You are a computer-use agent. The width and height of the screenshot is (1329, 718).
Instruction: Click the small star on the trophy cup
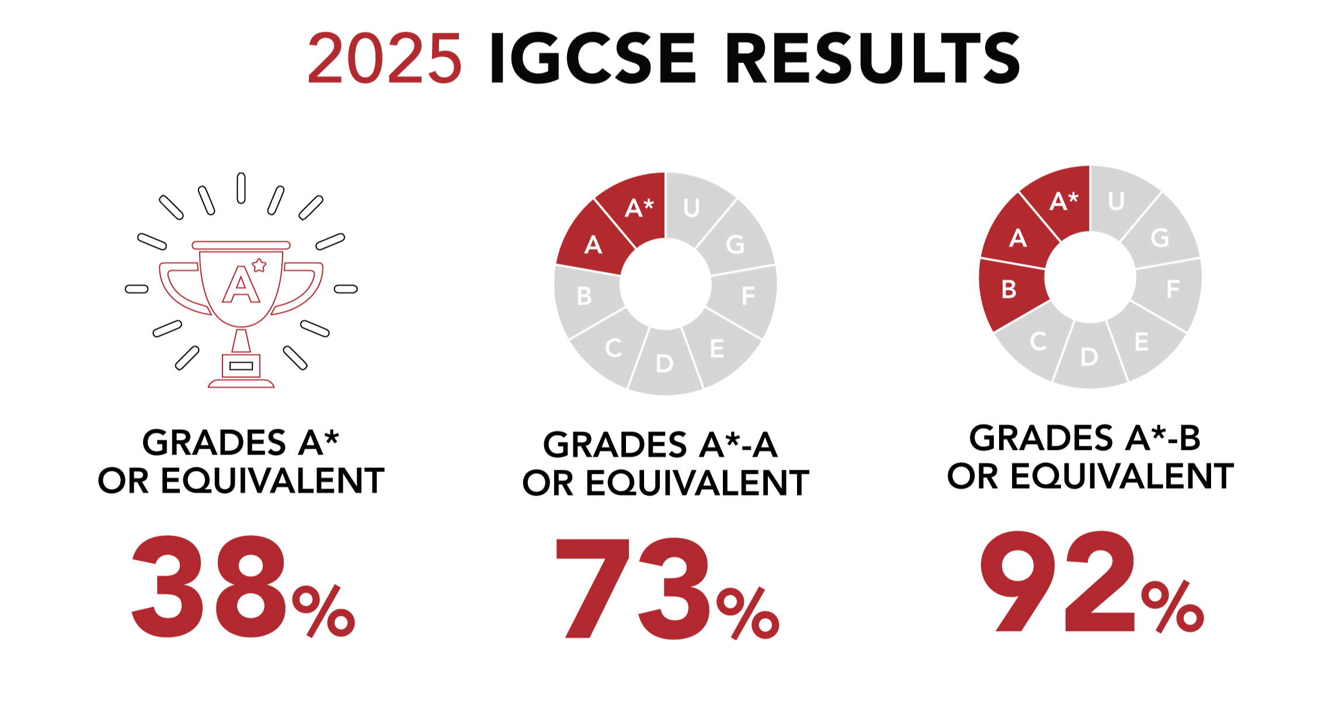[259, 266]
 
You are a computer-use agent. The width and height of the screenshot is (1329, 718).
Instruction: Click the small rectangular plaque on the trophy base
[241, 366]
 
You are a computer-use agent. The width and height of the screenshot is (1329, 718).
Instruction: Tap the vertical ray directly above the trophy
[241, 188]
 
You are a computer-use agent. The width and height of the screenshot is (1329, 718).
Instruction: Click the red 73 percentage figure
[634, 588]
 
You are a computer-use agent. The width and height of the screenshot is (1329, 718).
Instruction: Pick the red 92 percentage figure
[1058, 582]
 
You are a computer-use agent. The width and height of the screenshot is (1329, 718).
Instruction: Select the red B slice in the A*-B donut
[1010, 290]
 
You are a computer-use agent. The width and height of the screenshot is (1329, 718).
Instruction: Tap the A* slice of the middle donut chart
[638, 208]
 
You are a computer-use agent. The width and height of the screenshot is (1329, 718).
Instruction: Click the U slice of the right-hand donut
[1116, 202]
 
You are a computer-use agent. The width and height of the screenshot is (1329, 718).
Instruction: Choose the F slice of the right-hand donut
[1173, 289]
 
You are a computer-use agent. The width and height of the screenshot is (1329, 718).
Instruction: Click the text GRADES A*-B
[1084, 438]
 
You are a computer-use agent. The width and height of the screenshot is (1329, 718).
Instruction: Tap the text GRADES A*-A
[660, 445]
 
